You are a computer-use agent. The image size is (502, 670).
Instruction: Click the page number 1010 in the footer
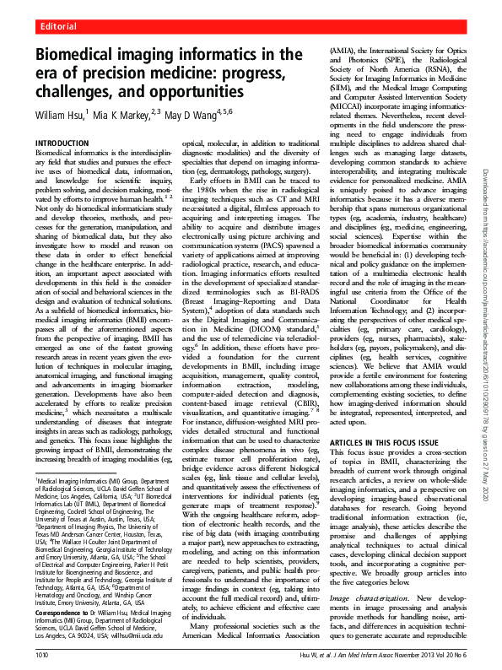point(42,652)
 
